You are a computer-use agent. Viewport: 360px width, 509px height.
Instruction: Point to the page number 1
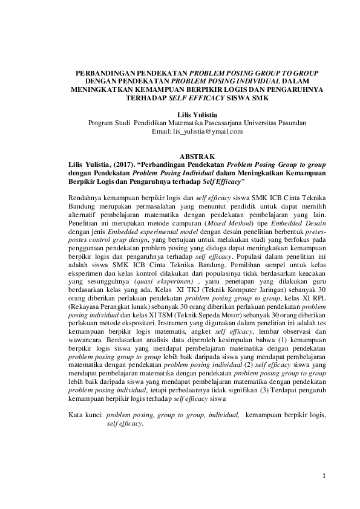click(x=324, y=476)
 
